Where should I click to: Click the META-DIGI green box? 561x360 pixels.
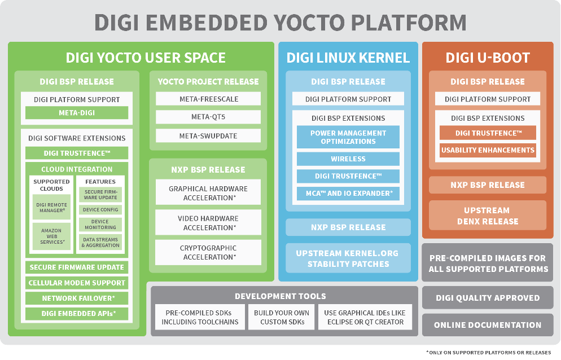pos(77,113)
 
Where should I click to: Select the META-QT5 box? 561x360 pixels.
pos(208,117)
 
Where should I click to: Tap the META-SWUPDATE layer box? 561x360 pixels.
pos(208,136)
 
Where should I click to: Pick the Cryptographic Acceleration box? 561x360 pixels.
pos(208,252)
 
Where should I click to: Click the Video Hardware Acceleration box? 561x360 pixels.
pos(208,222)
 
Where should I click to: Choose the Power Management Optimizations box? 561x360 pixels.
pos(348,137)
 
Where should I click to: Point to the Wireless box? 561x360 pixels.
pos(348,159)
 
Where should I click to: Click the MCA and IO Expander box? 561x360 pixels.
pos(348,194)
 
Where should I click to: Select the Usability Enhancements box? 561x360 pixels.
pos(488,151)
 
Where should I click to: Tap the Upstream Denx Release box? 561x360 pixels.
pos(487,216)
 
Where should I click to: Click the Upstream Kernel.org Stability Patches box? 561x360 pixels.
pos(348,258)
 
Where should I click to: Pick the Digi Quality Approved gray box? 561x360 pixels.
pos(488,298)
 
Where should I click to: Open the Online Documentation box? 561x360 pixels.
pos(488,325)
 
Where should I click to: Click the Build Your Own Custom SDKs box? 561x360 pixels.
pos(282,317)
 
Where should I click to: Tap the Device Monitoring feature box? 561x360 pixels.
pos(100,225)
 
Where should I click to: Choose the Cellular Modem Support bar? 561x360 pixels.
pos(77,283)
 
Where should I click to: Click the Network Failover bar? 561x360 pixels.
pos(77,298)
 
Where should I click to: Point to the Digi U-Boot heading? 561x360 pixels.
pos(488,58)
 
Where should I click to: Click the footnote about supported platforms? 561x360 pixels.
pos(488,352)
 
